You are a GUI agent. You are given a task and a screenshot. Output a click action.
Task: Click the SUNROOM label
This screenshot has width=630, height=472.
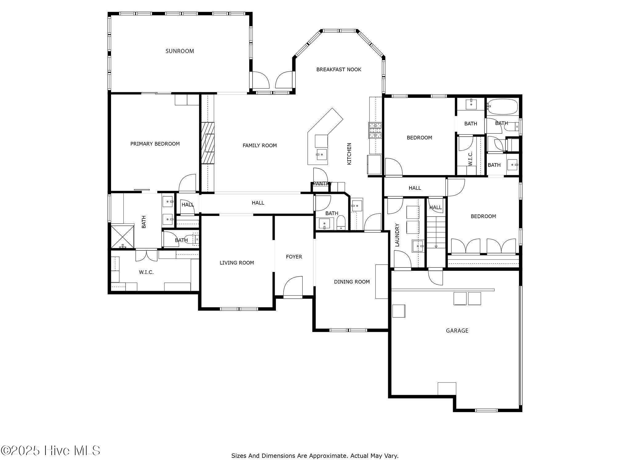(x=180, y=51)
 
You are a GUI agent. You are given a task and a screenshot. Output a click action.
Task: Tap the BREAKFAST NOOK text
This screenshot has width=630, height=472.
(x=339, y=69)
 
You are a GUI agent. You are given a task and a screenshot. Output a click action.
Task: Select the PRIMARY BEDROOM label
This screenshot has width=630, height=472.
(x=155, y=144)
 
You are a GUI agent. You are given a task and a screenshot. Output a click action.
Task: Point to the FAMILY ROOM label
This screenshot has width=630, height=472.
(x=260, y=146)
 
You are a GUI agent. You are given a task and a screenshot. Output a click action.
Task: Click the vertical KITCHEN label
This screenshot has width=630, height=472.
(x=349, y=154)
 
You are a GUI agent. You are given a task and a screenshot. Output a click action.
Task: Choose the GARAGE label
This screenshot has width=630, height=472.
(x=457, y=331)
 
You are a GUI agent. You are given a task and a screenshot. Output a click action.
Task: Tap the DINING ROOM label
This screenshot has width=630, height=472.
(x=352, y=282)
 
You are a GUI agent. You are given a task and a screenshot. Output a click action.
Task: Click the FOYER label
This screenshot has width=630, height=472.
(x=294, y=257)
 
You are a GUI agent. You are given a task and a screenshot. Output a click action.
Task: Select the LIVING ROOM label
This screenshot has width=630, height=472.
(x=237, y=263)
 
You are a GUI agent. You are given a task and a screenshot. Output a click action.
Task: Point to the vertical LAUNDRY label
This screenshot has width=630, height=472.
(x=397, y=235)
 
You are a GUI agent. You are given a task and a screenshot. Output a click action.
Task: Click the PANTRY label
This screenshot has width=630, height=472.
(x=322, y=184)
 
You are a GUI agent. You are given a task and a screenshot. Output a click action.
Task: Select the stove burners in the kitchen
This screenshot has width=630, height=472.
(x=375, y=130)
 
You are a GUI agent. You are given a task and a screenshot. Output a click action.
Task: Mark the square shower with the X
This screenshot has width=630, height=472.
(x=122, y=237)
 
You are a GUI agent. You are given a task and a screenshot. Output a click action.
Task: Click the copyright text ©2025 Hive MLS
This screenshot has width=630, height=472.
(x=50, y=451)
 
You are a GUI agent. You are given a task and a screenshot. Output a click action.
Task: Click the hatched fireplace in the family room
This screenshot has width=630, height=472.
(x=208, y=143)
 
